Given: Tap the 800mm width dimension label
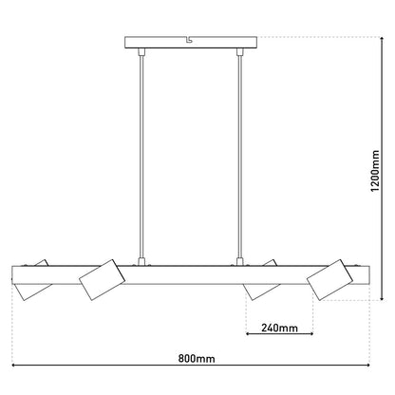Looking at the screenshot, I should coord(197,359).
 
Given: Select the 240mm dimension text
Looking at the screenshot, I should coord(279,329).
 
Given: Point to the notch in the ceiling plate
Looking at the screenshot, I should coord(194,40).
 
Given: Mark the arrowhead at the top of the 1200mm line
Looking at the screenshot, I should coord(368,38).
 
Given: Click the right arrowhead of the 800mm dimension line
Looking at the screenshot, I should coord(367,368).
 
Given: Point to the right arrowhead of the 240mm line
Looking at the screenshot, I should coord(313,336).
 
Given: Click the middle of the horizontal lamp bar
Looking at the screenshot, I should coord(195,273).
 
